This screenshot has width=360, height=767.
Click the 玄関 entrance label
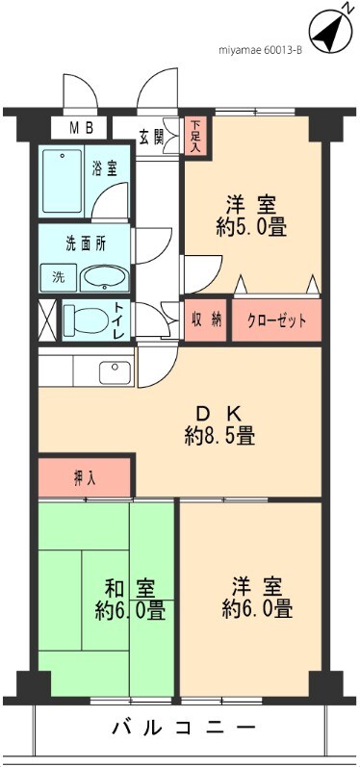pos(151,135)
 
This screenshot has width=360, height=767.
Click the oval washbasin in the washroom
pos(102,277)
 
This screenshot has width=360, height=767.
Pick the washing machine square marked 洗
pos(57,277)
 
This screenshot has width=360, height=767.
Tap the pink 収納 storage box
pos(205,320)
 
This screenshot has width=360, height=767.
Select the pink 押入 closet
pos(85,476)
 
